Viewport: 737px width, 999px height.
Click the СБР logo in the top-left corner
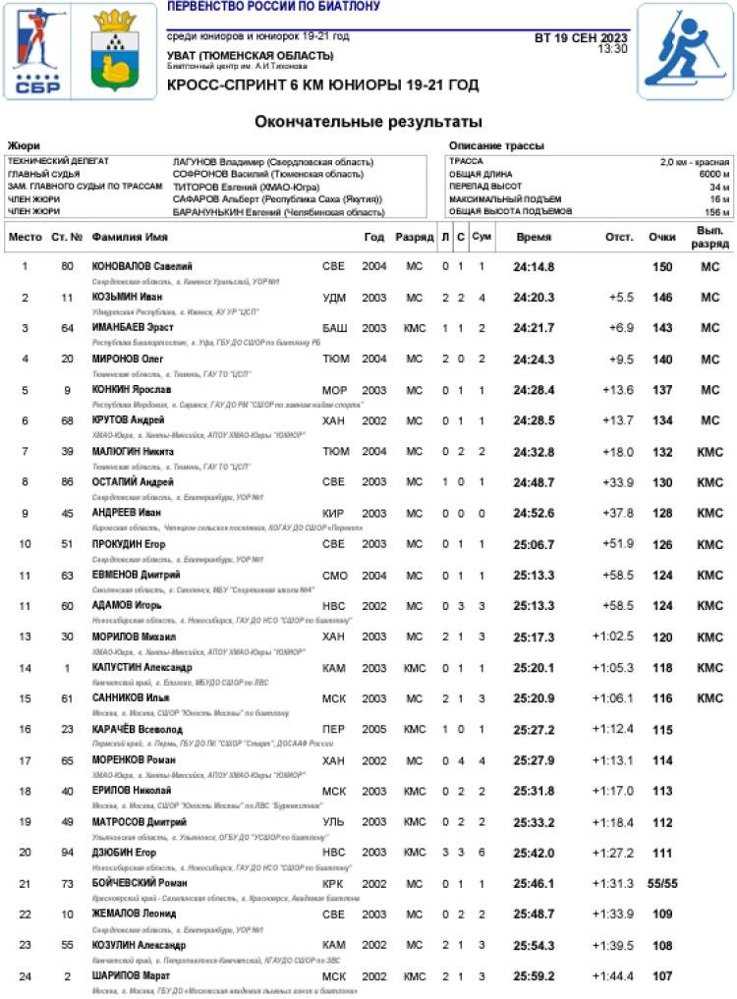pyautogui.click(x=38, y=55)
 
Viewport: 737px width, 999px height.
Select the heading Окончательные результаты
pyautogui.click(x=368, y=123)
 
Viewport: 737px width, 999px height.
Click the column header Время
pyautogui.click(x=534, y=237)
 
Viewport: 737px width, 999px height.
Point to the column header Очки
pyautogui.click(x=661, y=237)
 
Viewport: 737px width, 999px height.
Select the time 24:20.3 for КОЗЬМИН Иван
pyautogui.click(x=534, y=298)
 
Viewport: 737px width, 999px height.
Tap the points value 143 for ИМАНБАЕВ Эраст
pyautogui.click(x=662, y=328)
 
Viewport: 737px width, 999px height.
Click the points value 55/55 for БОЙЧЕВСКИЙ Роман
pyautogui.click(x=662, y=883)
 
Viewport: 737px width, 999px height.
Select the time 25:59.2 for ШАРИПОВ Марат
pyautogui.click(x=534, y=975)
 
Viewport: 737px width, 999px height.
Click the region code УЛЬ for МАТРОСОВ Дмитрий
pyautogui.click(x=334, y=821)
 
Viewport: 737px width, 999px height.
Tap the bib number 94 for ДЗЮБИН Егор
pyautogui.click(x=67, y=853)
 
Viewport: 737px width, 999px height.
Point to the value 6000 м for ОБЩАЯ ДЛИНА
pyautogui.click(x=713, y=174)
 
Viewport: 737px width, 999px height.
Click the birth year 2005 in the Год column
pyautogui.click(x=373, y=729)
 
